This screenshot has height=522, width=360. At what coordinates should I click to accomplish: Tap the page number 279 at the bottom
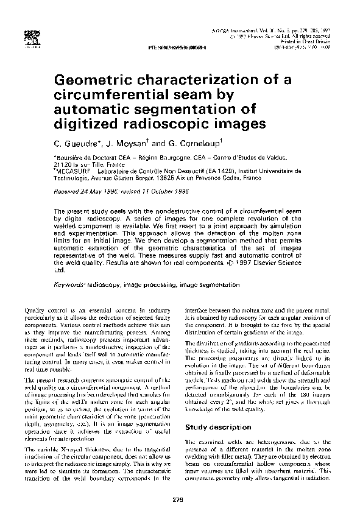179,500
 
